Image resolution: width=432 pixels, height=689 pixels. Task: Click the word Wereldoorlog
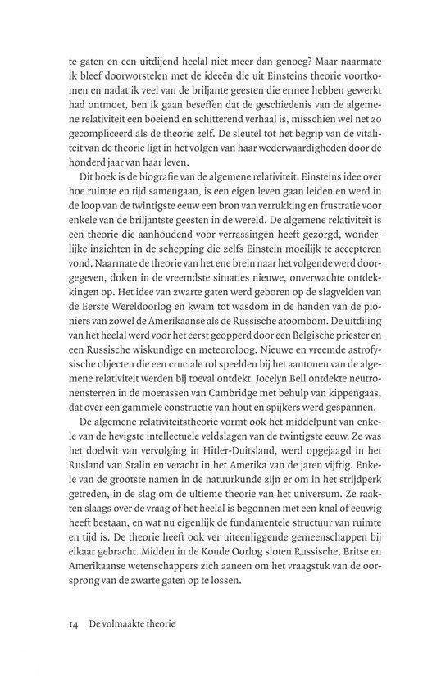130,341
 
